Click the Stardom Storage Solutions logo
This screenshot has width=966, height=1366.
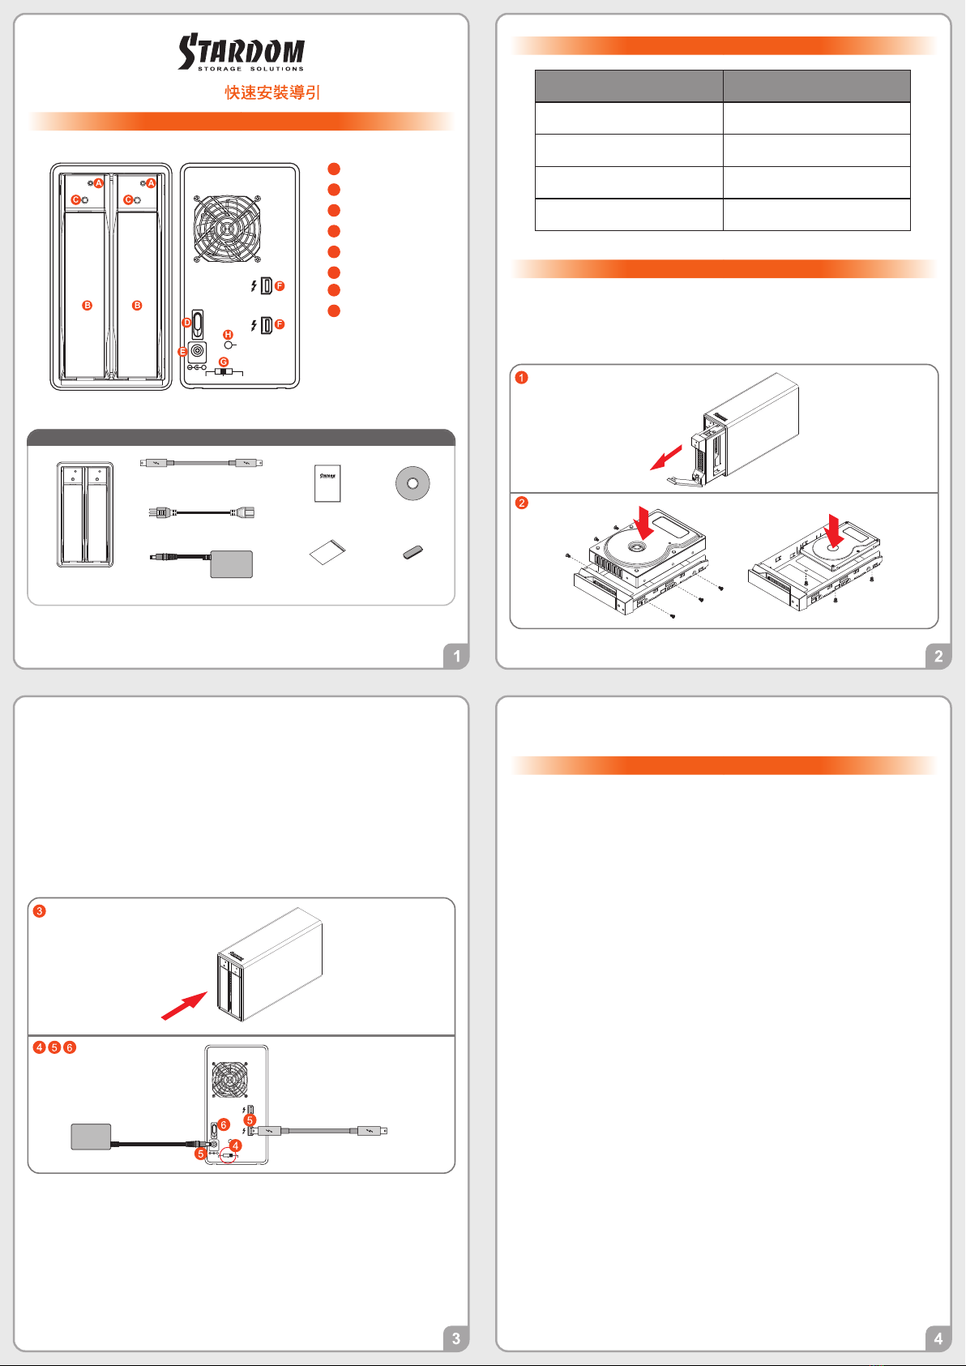click(241, 52)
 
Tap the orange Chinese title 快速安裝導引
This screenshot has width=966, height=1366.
click(272, 92)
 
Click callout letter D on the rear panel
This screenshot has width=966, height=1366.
click(187, 323)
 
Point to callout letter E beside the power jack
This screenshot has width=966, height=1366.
click(182, 352)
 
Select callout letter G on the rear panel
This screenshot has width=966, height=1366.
click(224, 362)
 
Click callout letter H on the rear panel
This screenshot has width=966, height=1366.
click(228, 335)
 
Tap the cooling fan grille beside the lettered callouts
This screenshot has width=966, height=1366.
click(228, 229)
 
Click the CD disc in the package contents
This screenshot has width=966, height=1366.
click(412, 484)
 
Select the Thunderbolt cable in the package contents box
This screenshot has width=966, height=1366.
click(201, 464)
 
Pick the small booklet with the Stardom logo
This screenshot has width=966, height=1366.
click(327, 484)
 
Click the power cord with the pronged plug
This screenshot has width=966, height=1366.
click(201, 513)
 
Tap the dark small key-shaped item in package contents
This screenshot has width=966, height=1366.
click(412, 552)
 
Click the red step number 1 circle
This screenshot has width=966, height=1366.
click(522, 378)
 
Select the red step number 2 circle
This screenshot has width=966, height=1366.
click(522, 503)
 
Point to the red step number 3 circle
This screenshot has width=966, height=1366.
click(40, 911)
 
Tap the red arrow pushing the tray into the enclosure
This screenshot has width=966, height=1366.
click(184, 1005)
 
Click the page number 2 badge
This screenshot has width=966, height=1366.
click(938, 656)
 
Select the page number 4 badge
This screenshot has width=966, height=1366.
click(938, 1338)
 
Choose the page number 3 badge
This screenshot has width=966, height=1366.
click(456, 1338)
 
